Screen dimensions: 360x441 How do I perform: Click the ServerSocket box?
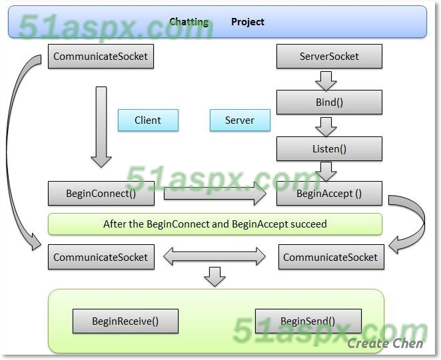329,57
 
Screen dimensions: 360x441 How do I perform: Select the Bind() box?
329,102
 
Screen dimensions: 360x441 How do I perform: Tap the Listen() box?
329,148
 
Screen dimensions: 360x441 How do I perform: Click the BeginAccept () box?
329,194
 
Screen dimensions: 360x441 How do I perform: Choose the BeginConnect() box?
101,194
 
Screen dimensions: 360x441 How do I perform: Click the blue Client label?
148,120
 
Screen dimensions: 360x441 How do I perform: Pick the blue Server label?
240,120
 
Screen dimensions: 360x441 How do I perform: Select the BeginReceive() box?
125,321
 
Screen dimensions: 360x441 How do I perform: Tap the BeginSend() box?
308,321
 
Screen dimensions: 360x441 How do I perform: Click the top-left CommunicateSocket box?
101,57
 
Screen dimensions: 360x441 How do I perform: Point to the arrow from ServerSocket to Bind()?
326,80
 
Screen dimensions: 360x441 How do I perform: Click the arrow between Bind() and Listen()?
326,126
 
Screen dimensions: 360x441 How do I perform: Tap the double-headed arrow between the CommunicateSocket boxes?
215,256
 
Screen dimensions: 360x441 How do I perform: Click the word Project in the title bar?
248,22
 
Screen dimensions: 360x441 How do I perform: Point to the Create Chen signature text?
385,344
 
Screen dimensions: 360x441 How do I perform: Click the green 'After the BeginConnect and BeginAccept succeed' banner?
215,224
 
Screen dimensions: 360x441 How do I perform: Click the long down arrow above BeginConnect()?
101,126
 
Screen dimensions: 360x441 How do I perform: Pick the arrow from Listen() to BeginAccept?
326,171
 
